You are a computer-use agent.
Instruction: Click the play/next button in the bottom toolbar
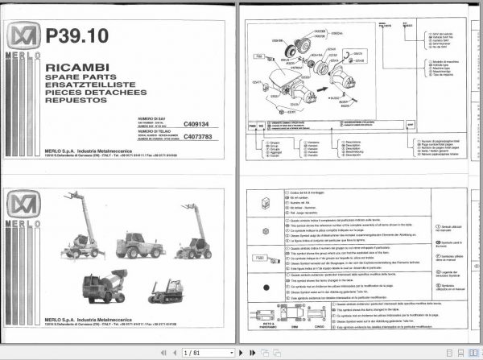coord(237,353)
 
